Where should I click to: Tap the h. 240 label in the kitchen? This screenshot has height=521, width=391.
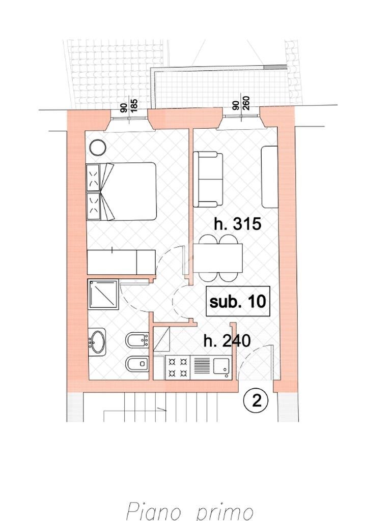click(227, 340)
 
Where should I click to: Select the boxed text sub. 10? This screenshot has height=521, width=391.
click(238, 301)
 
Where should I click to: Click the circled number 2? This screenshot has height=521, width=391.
click(256, 401)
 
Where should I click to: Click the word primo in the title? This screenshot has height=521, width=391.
click(224, 511)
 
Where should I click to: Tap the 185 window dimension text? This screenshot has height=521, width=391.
click(134, 105)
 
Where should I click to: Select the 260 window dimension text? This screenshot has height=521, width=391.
click(246, 105)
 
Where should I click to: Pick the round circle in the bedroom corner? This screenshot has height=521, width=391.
click(97, 148)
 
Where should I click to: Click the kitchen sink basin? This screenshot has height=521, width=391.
click(221, 366)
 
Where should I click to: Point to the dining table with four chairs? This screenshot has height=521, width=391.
click(218, 258)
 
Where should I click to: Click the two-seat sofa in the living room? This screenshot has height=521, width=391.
click(208, 179)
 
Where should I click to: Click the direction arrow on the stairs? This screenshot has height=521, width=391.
click(162, 409)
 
